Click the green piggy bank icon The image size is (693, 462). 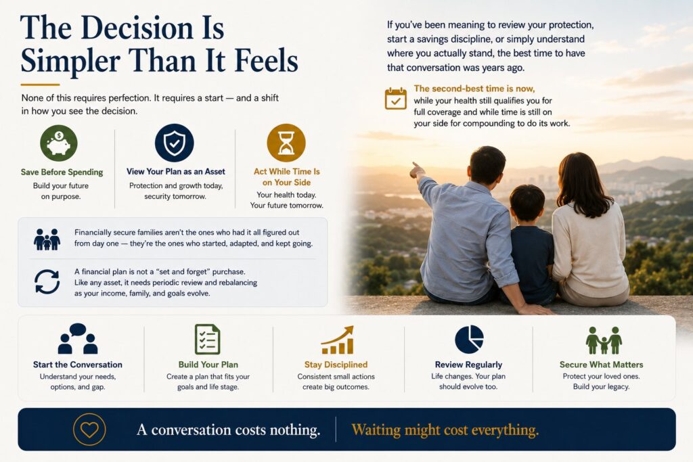point(59,143)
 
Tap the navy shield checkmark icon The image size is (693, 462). point(175,143)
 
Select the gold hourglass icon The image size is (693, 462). point(286,143)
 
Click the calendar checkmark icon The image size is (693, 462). point(395,99)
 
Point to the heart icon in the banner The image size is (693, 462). point(89,430)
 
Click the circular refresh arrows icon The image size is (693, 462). point(47,282)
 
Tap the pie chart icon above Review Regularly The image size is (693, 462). point(469,339)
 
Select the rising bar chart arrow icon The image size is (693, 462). point(338,340)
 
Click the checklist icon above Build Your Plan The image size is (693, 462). point(207,339)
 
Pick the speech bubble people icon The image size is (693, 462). point(78,338)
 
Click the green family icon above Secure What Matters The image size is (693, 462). point(604,340)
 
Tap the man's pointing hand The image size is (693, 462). point(417,170)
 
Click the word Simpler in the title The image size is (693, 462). point(70,61)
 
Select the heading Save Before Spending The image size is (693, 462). point(62,172)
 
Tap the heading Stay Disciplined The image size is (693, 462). point(336,365)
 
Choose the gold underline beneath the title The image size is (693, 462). point(40,85)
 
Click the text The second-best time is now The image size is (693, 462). point(474,89)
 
